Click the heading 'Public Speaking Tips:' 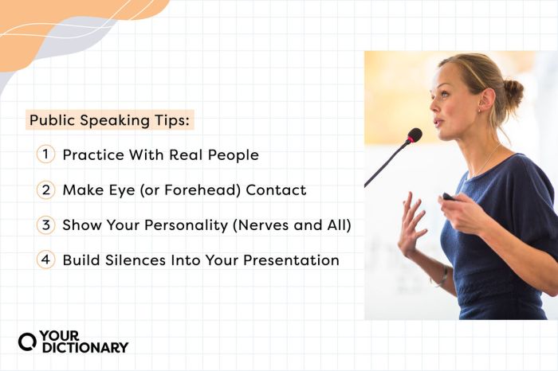click(111, 121)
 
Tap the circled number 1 click(45, 155)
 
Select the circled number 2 click(45, 190)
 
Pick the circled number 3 click(45, 225)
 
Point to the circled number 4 click(45, 260)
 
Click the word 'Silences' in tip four click(136, 260)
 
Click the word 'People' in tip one click(233, 155)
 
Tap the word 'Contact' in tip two click(276, 190)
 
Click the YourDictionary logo click(73, 342)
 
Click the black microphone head click(415, 135)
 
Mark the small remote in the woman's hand click(449, 197)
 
